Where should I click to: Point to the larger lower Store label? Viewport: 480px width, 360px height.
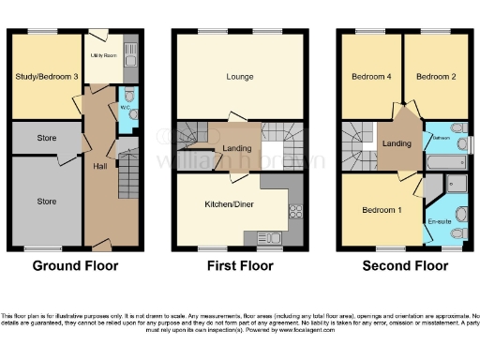coord(46,201)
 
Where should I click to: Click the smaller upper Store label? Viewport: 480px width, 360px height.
coord(46,139)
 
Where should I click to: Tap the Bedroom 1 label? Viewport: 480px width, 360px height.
coord(382,209)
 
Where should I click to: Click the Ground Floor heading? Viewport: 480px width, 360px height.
coord(74,266)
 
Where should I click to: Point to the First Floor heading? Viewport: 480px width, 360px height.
coord(240,266)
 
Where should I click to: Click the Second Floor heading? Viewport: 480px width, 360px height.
coord(405,266)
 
